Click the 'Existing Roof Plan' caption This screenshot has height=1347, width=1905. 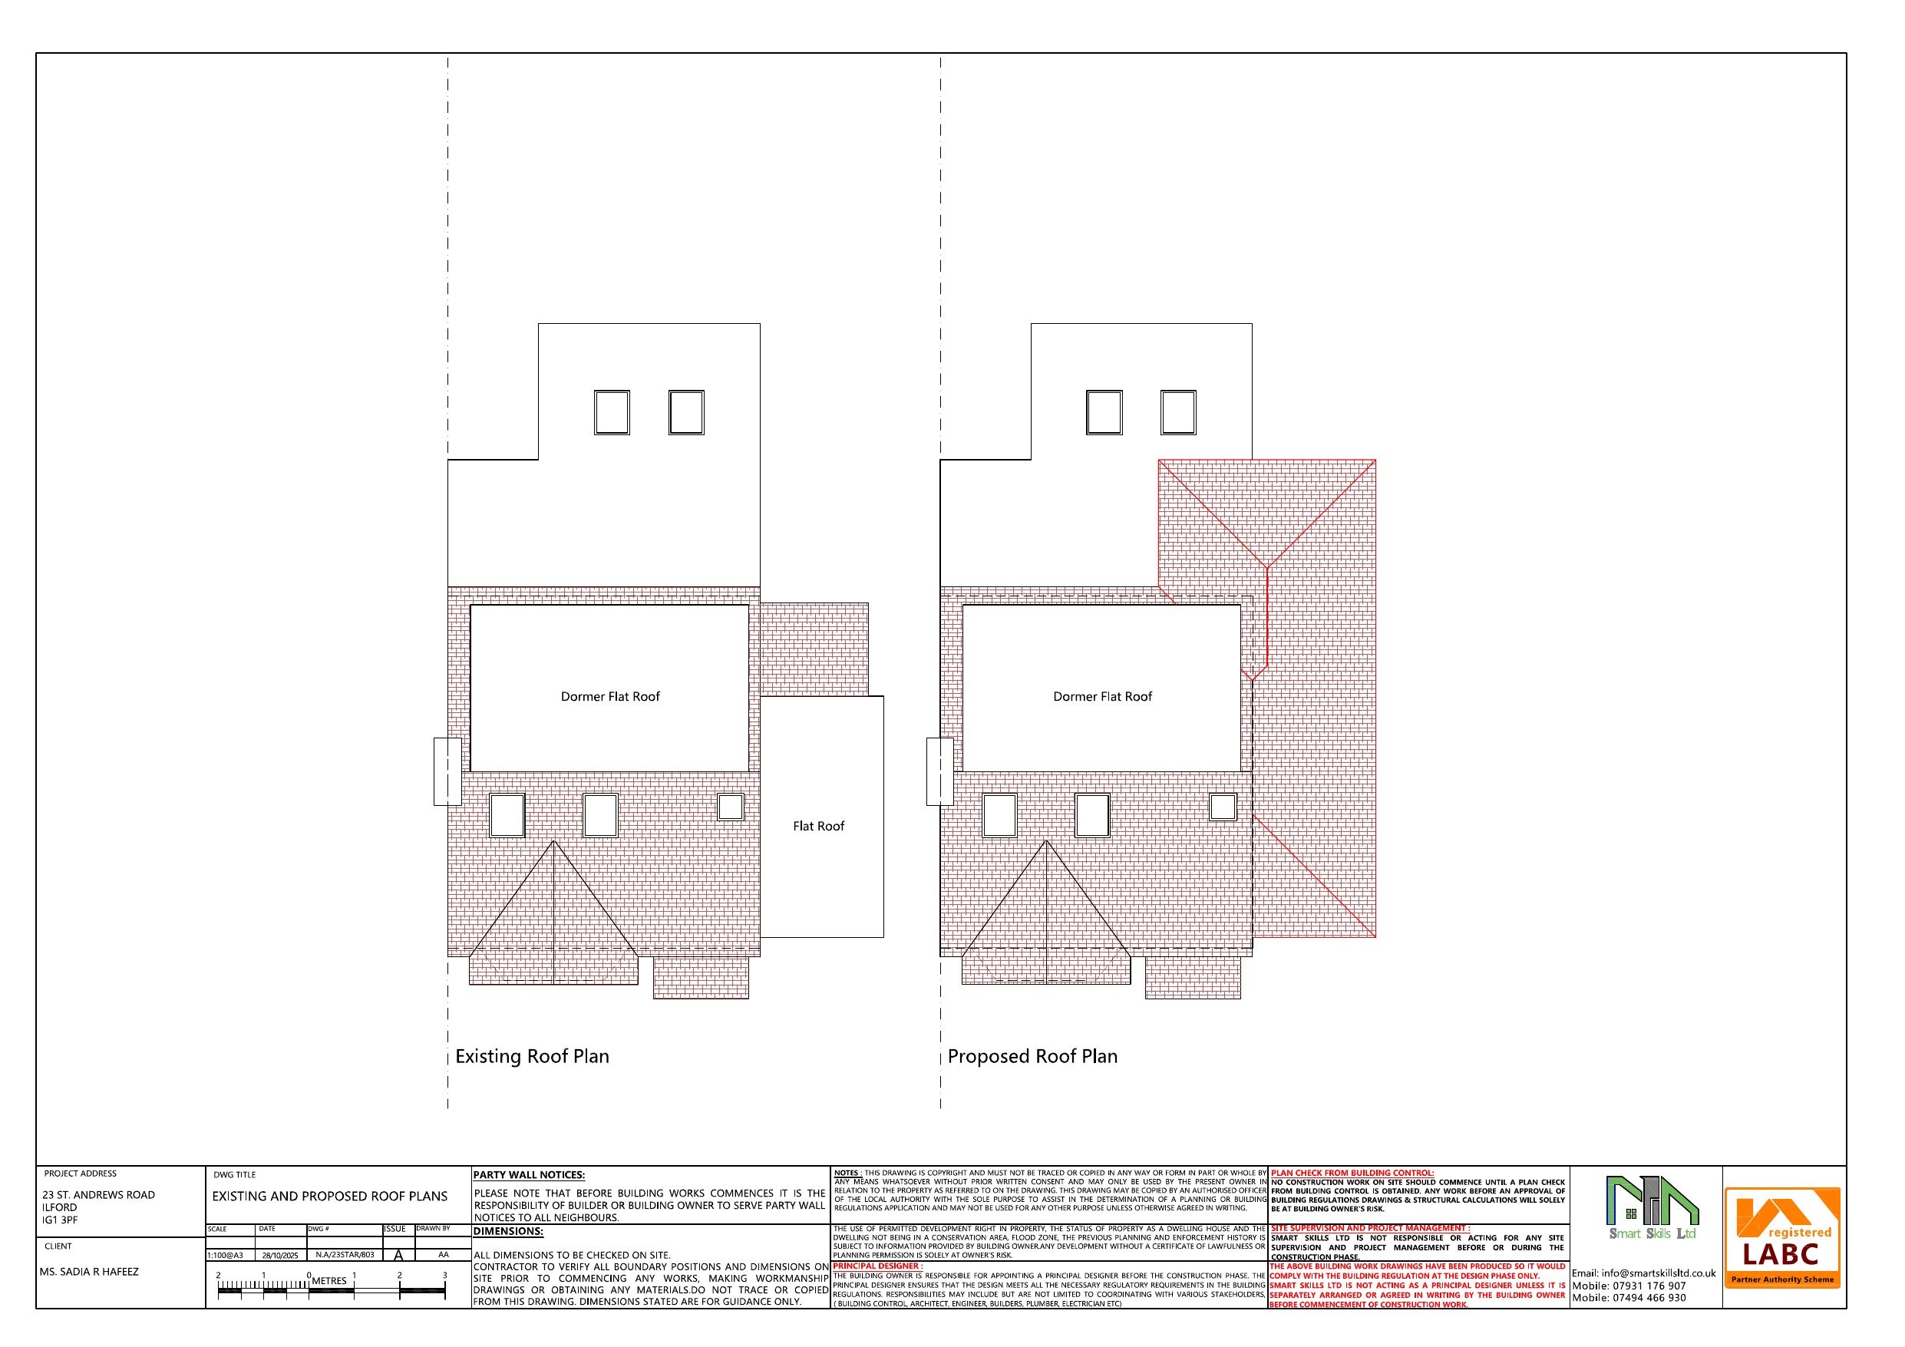coord(532,1057)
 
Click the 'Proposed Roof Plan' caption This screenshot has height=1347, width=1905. coord(1032,1057)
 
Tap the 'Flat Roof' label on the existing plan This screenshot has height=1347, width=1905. coord(818,826)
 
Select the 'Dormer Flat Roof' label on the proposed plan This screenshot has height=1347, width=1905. coord(1102,696)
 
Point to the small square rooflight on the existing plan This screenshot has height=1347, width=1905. coord(730,807)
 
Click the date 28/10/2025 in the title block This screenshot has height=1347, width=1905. coord(279,1256)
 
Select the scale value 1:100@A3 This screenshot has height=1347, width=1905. coord(226,1256)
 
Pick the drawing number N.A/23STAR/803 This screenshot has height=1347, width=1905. coord(345,1255)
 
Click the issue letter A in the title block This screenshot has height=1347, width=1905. coord(398,1256)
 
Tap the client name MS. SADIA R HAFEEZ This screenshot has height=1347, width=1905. coord(89,1272)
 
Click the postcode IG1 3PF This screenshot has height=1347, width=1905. coord(60,1220)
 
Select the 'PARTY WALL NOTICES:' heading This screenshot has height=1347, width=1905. coord(529,1175)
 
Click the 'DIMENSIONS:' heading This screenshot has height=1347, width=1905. coord(508,1232)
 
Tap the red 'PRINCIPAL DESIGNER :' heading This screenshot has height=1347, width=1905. coord(878,1266)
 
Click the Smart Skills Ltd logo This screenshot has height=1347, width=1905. coord(1652,1207)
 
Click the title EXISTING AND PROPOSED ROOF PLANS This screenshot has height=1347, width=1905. coord(329,1196)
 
